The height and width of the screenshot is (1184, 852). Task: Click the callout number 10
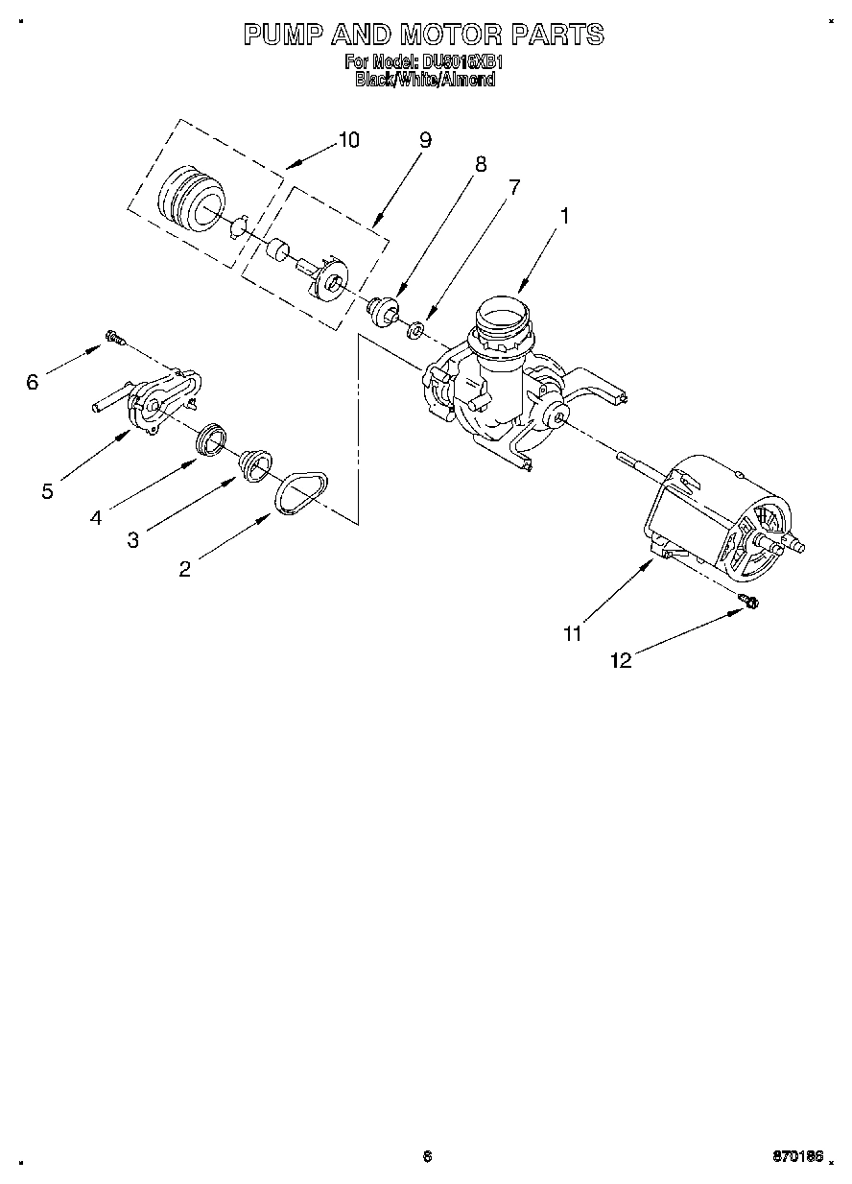(x=348, y=140)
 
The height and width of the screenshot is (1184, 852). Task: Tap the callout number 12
(x=622, y=660)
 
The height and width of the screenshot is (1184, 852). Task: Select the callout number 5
(x=47, y=491)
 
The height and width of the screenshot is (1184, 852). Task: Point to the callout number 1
(x=565, y=217)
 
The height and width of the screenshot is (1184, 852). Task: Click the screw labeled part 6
(x=115, y=338)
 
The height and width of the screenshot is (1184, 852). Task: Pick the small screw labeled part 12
(x=749, y=601)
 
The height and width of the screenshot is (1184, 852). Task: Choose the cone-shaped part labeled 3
(x=254, y=464)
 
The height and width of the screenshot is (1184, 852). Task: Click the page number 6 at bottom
(x=427, y=1157)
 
